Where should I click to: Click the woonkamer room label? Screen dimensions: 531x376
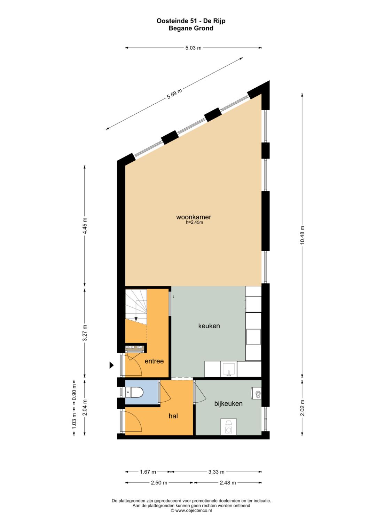194,217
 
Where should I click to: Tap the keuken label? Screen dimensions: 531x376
209,326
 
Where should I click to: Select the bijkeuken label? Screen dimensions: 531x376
228,403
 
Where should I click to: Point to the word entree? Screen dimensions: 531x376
154,361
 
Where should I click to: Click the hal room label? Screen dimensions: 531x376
173,416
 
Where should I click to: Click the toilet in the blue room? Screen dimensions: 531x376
135,392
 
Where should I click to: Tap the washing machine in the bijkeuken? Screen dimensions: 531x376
229,427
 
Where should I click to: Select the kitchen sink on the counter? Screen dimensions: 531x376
229,369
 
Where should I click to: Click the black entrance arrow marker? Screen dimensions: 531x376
111,365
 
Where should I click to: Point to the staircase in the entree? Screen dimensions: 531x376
136,306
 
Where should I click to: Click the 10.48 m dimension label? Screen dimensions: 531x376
302,235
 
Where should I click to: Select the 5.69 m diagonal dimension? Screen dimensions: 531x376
174,94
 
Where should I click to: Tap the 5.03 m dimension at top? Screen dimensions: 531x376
193,48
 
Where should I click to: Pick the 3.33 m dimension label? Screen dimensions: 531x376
216,472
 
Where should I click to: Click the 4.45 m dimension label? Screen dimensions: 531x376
85,226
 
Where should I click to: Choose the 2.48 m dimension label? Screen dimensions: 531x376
228,483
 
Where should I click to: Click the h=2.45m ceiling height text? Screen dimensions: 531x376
194,223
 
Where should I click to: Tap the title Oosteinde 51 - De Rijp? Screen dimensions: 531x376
191,21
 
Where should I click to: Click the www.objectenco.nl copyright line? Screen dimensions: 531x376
191,510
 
